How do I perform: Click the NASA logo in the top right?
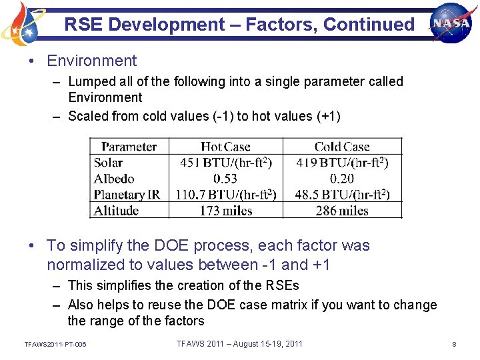point(451,22)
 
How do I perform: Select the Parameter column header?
point(129,147)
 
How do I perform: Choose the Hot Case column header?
point(225,147)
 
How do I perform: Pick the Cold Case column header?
point(342,147)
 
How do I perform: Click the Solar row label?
point(108,163)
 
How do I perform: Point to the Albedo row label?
point(114,179)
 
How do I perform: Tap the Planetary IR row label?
point(127,195)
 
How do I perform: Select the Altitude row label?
point(116,211)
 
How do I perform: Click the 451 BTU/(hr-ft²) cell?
point(226,163)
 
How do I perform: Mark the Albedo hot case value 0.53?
point(225,179)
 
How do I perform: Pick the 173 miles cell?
point(225,211)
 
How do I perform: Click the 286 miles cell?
point(341,211)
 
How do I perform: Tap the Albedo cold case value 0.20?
point(341,179)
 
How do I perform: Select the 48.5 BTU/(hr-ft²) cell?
point(342,195)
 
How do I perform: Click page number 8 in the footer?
point(454,344)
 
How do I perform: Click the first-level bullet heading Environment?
point(91,61)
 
